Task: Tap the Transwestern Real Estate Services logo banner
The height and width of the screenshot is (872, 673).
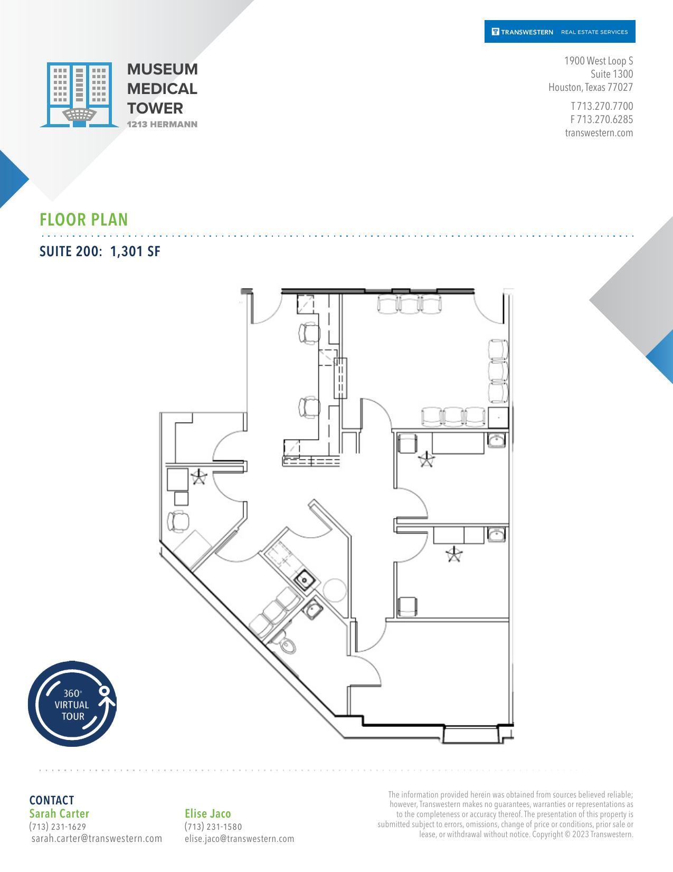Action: pyautogui.click(x=560, y=32)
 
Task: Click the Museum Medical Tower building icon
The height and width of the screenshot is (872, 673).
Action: pyautogui.click(x=79, y=95)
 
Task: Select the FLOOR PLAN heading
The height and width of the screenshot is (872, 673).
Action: pyautogui.click(x=84, y=220)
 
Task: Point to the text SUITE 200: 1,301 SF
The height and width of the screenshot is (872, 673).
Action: pyautogui.click(x=100, y=251)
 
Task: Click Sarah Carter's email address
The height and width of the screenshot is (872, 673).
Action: pyautogui.click(x=97, y=838)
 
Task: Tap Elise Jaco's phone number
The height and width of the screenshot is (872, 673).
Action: pyautogui.click(x=213, y=827)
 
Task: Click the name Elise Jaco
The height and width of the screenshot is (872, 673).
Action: pyautogui.click(x=207, y=813)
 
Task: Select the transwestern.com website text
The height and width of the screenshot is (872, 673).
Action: pyautogui.click(x=599, y=133)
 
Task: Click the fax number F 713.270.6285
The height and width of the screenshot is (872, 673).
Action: pyautogui.click(x=601, y=119)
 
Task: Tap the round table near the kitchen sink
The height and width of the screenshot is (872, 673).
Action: pyautogui.click(x=335, y=590)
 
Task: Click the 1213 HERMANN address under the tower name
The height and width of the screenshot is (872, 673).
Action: pyautogui.click(x=162, y=125)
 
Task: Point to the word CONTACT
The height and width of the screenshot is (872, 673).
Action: pyautogui.click(x=52, y=800)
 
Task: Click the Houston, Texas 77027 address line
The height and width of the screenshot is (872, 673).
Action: pyautogui.click(x=590, y=87)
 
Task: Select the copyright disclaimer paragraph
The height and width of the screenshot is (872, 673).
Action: pyautogui.click(x=505, y=814)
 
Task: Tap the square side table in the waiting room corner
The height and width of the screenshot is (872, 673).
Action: pyautogui.click(x=498, y=417)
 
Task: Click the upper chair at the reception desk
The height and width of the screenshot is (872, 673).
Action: pyautogui.click(x=309, y=333)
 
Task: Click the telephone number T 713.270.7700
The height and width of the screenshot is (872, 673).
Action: pyautogui.click(x=601, y=106)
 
